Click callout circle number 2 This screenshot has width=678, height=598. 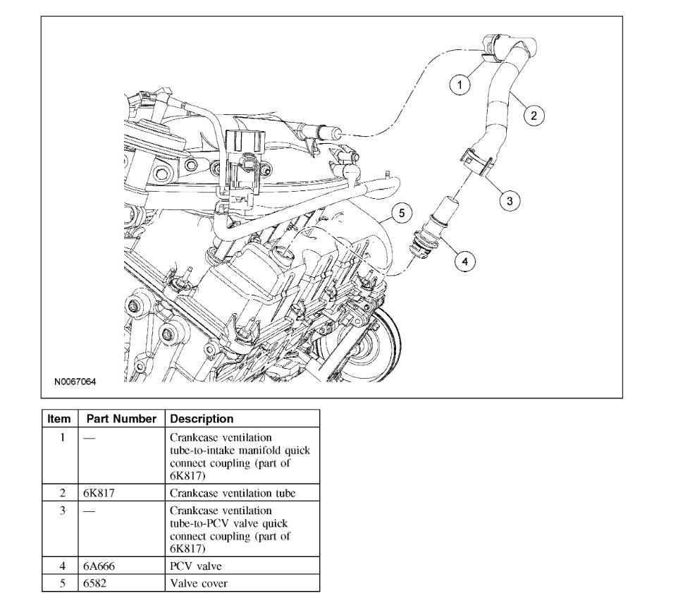tap(534, 115)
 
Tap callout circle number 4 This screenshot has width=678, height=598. tap(464, 262)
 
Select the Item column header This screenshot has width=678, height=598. tap(59, 419)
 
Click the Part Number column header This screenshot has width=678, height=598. tap(121, 419)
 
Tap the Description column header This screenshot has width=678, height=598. tap(202, 419)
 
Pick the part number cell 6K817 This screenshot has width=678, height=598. tap(99, 493)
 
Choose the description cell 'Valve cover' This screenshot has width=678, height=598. tap(198, 583)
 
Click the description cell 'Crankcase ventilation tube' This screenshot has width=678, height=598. tap(233, 493)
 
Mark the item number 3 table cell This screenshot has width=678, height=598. tap(62, 510)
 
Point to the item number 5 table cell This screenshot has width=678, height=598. tap(62, 583)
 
